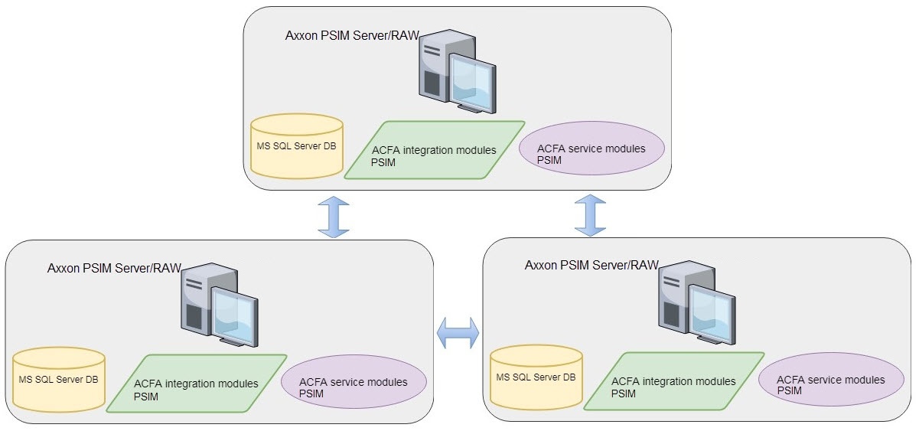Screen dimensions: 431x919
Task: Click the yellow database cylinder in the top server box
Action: point(297,146)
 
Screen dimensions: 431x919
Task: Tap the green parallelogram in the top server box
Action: point(435,150)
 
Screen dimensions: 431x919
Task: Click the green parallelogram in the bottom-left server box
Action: point(197,384)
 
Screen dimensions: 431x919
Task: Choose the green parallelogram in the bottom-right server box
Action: point(674,381)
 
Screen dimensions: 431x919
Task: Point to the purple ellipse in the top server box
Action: point(591,149)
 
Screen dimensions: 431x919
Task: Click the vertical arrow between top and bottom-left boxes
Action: point(333,216)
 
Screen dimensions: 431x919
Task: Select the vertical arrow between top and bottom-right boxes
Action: point(590,215)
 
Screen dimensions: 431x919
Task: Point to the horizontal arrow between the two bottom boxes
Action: point(458,332)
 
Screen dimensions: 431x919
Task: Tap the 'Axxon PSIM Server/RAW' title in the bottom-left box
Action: point(114,268)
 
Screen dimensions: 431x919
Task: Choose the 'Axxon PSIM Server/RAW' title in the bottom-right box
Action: point(591,266)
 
